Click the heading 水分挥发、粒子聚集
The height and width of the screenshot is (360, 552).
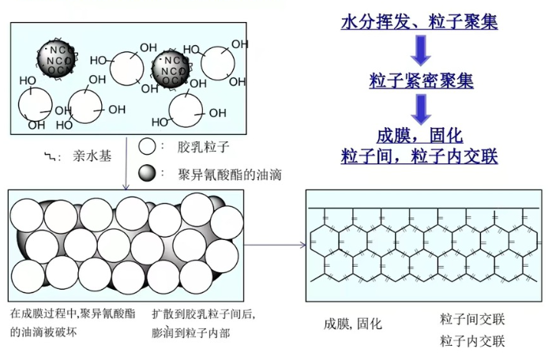pyautogui.click(x=419, y=22)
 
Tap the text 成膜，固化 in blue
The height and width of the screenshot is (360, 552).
pyautogui.click(x=419, y=134)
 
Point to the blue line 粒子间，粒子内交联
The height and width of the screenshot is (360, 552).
pyautogui.click(x=419, y=155)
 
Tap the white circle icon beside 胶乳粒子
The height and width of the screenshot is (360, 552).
pyautogui.click(x=147, y=147)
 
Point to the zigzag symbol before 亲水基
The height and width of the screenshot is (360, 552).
pyautogui.click(x=51, y=156)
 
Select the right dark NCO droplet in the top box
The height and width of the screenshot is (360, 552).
pyautogui.click(x=172, y=69)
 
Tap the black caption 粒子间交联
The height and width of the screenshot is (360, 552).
pyautogui.click(x=472, y=319)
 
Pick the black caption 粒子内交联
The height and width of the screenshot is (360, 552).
pyautogui.click(x=472, y=341)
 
